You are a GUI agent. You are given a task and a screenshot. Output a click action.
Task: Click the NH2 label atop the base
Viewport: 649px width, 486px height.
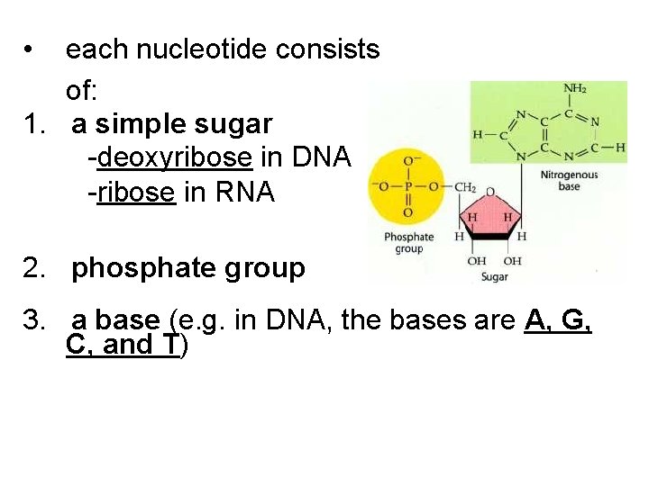pyautogui.click(x=575, y=89)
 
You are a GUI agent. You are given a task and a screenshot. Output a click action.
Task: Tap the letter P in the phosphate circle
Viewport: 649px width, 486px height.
pyautogui.click(x=407, y=186)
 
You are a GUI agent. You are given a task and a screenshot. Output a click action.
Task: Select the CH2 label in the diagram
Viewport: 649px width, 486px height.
pyautogui.click(x=464, y=187)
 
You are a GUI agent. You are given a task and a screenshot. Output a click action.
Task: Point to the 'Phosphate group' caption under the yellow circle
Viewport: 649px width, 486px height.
pyautogui.click(x=409, y=243)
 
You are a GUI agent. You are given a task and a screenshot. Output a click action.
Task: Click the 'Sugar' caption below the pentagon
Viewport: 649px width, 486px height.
pyautogui.click(x=494, y=276)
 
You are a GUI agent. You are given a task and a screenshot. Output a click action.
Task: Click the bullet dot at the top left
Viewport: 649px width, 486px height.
pyautogui.click(x=32, y=50)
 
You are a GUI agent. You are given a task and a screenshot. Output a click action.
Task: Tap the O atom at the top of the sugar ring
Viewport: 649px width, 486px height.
pyautogui.click(x=489, y=192)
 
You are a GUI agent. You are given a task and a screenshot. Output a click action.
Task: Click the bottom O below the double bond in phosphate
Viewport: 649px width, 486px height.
pyautogui.click(x=407, y=212)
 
